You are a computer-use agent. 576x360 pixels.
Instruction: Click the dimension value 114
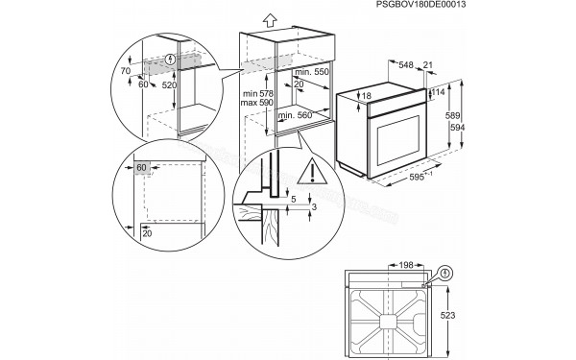click(x=440, y=93)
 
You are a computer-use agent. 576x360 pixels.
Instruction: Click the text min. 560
click(x=294, y=115)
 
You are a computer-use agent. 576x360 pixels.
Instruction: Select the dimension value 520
click(x=170, y=85)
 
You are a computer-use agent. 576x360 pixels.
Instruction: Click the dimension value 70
click(x=125, y=70)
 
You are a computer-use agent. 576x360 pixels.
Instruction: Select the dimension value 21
click(x=427, y=64)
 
